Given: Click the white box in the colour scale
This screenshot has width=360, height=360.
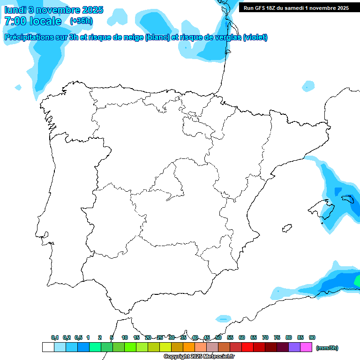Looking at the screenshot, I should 48,347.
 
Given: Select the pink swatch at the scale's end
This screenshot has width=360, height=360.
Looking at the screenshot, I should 306,347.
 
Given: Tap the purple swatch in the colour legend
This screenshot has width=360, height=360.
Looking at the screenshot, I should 294,347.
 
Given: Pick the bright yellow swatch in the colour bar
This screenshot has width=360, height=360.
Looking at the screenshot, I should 165,347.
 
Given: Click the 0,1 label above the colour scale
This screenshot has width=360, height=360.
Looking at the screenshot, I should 55,337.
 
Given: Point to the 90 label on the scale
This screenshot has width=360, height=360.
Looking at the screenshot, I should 312,337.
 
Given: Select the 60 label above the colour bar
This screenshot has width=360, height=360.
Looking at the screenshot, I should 242,337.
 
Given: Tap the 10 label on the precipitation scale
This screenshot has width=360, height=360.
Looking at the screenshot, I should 125,337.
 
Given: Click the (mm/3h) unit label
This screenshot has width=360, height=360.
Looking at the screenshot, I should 327,348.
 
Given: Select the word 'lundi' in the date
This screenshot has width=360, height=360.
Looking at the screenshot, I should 15,10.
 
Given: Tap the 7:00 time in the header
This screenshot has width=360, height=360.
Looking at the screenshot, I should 15,21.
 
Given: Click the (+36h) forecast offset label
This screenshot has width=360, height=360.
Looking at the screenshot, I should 81,21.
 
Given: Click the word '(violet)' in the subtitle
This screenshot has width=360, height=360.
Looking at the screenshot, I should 255,37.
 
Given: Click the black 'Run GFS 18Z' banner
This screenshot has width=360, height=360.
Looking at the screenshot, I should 296,8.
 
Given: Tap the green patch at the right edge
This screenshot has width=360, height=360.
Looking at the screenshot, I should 358,281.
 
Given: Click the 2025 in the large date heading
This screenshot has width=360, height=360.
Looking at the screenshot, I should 93,10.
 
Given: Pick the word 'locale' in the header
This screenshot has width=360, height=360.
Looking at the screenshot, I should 45,21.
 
